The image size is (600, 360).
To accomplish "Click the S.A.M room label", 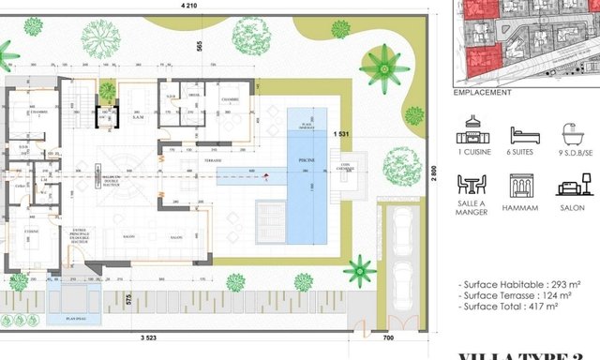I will coord(136,117).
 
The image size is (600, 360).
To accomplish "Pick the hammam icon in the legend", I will coord(524,185).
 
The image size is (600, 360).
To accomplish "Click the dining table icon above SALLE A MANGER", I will coord(476,185).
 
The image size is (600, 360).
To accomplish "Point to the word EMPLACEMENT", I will coord(482,93).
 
